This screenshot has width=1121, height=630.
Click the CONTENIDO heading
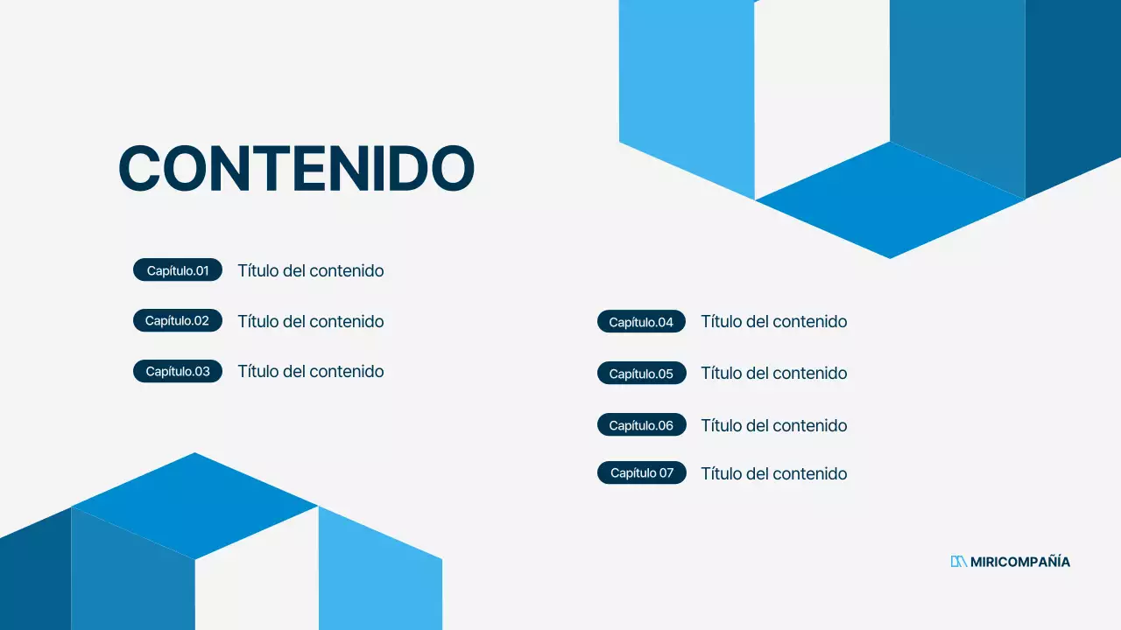(296, 168)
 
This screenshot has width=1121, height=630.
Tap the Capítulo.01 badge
(178, 270)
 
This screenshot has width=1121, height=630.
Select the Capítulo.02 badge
(178, 321)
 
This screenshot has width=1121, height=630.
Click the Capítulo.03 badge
(178, 371)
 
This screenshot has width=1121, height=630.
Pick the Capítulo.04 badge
(641, 322)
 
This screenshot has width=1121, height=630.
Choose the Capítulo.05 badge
(641, 374)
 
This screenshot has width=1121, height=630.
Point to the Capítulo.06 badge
(641, 425)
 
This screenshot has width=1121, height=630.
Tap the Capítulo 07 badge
(641, 473)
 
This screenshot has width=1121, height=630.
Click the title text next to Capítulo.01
(311, 270)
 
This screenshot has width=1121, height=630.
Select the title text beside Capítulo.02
(311, 321)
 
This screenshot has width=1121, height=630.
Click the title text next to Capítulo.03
(311, 371)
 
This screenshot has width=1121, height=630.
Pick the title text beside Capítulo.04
(774, 322)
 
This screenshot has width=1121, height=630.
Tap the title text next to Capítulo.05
(774, 374)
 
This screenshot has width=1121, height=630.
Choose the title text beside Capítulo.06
(774, 425)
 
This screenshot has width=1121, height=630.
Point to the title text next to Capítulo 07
(774, 473)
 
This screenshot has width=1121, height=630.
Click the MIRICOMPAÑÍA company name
(1020, 562)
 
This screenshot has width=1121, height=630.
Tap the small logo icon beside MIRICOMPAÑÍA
(958, 562)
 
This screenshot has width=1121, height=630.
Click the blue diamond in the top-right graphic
(890, 199)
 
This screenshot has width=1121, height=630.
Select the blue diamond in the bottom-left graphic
(194, 506)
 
